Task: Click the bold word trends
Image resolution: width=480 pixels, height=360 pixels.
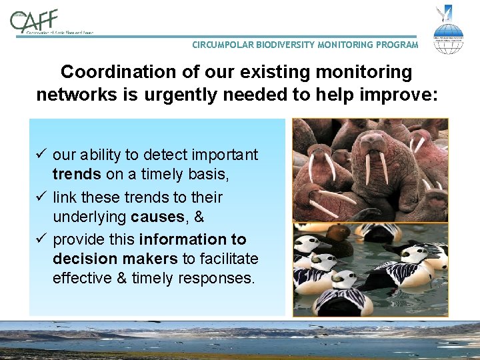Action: [77, 176]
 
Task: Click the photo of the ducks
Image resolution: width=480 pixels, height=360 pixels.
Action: [370, 270]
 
